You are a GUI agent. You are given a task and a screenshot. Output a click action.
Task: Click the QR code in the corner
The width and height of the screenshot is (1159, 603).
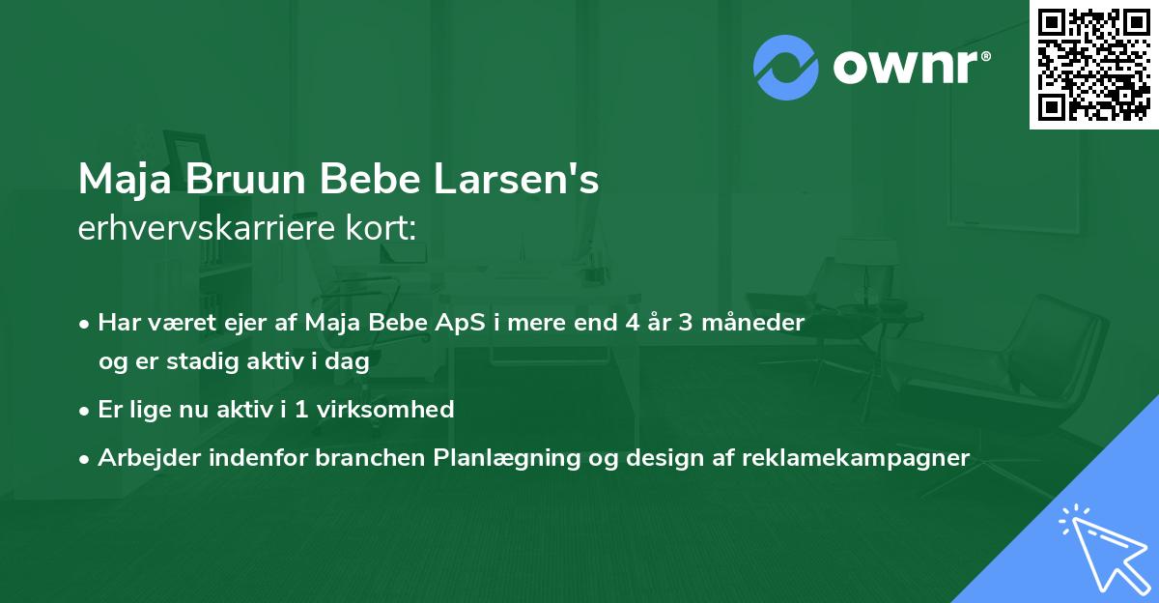pyautogui.click(x=1093, y=65)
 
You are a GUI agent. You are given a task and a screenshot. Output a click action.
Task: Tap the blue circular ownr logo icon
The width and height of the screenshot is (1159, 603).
pyautogui.click(x=785, y=67)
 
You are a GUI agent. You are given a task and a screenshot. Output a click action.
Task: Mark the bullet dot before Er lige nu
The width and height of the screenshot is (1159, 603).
pyautogui.click(x=86, y=410)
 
